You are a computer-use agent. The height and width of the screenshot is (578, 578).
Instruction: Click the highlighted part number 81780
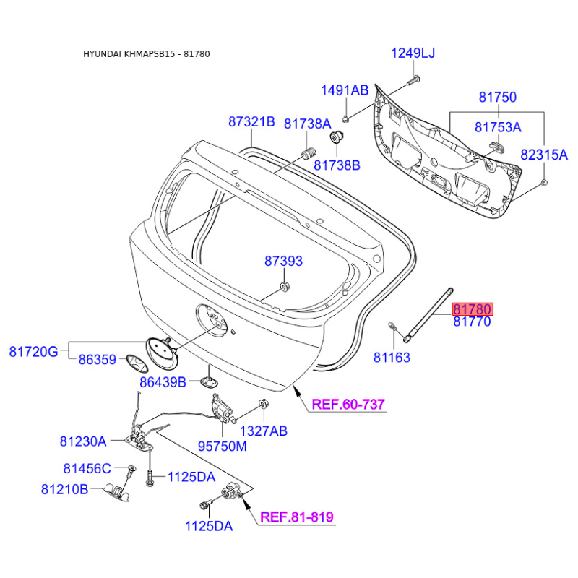pos(473,309)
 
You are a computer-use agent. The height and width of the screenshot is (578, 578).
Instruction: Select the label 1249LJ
pos(413,53)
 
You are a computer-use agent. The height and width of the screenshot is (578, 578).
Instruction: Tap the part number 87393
pos(283,261)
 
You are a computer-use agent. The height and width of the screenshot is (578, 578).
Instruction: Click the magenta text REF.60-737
pos(348,405)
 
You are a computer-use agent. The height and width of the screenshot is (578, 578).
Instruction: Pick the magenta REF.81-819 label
pos(297,517)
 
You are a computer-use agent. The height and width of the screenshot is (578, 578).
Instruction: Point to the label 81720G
pos(33,352)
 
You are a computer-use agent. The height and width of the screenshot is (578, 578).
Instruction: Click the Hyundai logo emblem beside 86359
pos(137,365)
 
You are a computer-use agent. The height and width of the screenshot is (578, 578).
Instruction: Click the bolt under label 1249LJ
pos(413,79)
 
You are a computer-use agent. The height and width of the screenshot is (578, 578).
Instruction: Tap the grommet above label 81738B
pos(336,137)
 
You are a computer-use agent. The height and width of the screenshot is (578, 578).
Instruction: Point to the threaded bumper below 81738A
pos(309,152)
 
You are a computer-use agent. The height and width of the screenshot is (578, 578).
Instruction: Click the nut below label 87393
pos(285,286)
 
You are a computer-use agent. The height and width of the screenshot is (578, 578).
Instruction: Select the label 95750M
pos(223,446)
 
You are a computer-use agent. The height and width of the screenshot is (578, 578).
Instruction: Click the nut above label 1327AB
pos(263,404)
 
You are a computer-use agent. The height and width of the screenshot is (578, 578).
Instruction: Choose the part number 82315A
pos(544,155)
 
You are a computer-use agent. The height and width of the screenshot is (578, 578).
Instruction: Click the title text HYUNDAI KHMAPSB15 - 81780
pos(147,53)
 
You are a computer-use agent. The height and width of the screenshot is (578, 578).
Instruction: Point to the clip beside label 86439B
pos(210,382)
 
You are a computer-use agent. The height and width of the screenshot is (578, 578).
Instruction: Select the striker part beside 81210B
pos(116,492)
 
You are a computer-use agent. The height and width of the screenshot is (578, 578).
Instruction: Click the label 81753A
pos(498,127)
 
